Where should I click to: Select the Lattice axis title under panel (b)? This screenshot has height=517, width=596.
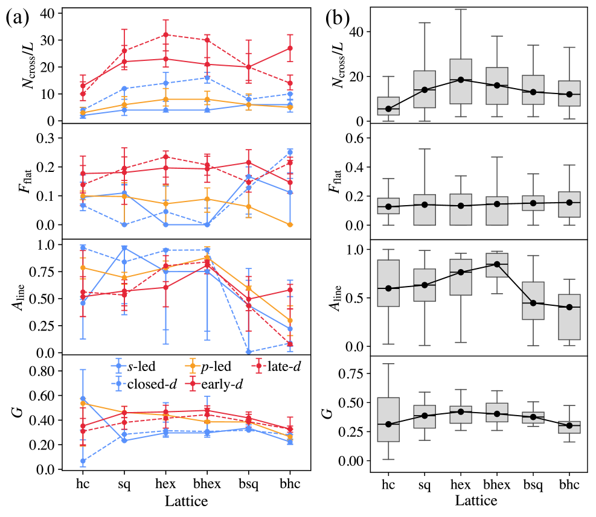(477, 501)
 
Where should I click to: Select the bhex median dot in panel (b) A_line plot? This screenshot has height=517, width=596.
(496, 264)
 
